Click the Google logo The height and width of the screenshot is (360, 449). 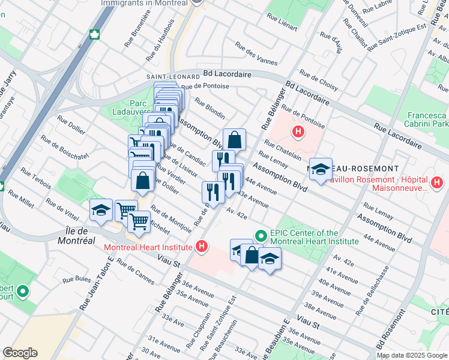tap(20, 353)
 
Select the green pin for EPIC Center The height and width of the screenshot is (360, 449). tap(261, 235)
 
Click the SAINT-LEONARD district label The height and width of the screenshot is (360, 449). tap(173, 77)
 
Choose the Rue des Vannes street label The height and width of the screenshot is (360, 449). tap(256, 53)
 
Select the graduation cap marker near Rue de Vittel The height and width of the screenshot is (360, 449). tap(101, 209)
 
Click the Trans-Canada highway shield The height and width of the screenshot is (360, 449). tap(94, 34)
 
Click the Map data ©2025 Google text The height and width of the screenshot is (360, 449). tap(411, 355)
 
